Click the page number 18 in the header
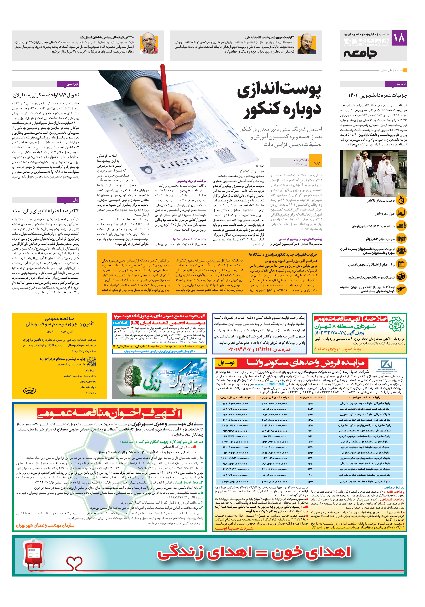tap(399, 38)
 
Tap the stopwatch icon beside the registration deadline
tap(401, 200)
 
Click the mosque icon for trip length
tap(401, 213)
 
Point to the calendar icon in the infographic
tap(401, 264)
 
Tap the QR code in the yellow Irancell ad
tap(92, 361)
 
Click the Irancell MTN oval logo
tap(29, 391)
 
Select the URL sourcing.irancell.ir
tap(71, 364)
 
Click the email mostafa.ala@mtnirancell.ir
tap(79, 376)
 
